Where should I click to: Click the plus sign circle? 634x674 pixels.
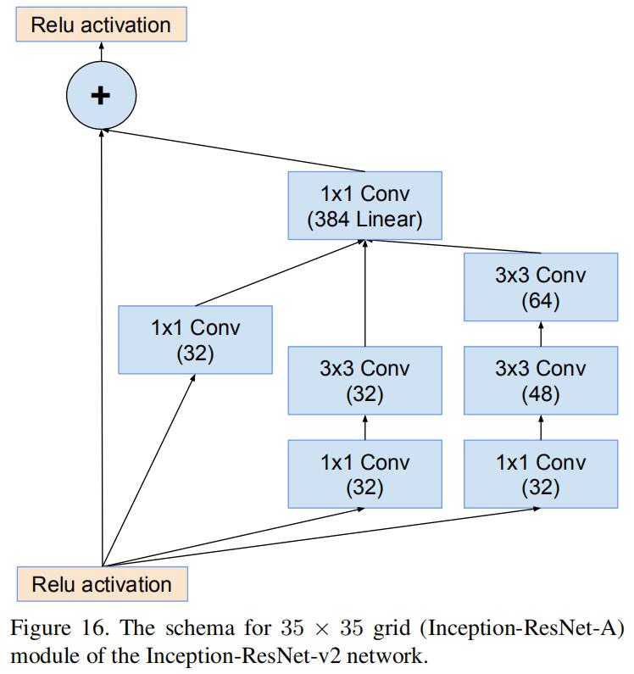[101, 95]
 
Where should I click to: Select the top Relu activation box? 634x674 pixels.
[101, 25]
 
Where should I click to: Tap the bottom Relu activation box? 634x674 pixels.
[102, 584]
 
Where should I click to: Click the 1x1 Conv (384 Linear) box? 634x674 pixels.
[364, 206]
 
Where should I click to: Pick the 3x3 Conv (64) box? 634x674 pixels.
[540, 288]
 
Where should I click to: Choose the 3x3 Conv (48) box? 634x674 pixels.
[540, 381]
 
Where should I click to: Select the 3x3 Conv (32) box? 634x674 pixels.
[364, 381]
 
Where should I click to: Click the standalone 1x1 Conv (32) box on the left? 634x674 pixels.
[195, 339]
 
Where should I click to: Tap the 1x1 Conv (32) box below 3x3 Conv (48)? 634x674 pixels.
[540, 474]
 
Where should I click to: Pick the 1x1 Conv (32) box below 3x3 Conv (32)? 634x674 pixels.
[364, 474]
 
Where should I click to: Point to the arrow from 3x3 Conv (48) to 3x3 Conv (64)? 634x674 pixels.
[541, 335]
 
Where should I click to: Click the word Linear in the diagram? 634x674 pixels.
[389, 220]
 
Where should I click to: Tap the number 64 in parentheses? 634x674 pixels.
[540, 302]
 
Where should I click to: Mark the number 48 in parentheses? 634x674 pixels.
[540, 394]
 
